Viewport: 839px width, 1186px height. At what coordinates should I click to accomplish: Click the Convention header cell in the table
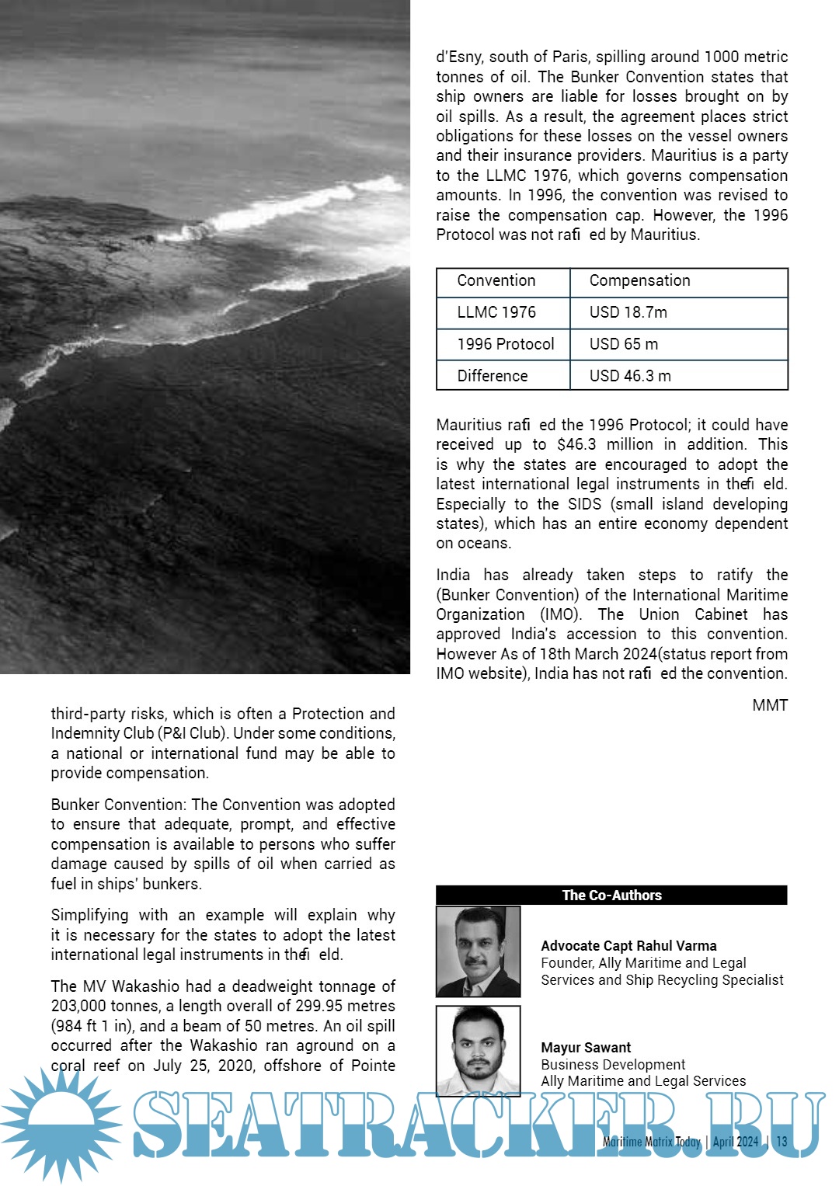point(496,281)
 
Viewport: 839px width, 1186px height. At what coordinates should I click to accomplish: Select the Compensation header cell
point(639,281)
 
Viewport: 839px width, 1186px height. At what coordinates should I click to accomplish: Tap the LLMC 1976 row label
point(496,313)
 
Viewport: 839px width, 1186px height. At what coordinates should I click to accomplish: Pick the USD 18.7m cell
point(628,313)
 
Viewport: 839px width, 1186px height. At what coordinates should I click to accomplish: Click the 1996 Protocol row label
point(506,345)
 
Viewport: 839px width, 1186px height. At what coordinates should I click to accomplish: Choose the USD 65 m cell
point(623,345)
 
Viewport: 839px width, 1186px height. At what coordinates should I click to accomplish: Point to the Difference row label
point(493,377)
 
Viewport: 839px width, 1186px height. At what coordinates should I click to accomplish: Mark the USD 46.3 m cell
point(630,377)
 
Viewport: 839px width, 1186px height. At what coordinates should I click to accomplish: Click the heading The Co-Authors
point(611,896)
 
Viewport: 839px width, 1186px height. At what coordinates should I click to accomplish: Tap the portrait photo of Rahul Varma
point(478,951)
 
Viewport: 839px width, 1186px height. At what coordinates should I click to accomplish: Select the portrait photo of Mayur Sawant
point(478,1050)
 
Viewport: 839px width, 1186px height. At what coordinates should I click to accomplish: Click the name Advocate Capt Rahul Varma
point(628,946)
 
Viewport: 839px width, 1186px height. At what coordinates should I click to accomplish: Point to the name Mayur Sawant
point(586,1048)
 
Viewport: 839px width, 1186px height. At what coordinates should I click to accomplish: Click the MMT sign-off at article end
point(770,705)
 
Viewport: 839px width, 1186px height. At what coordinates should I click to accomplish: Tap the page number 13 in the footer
point(782,1142)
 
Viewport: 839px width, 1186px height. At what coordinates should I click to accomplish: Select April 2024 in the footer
point(736,1142)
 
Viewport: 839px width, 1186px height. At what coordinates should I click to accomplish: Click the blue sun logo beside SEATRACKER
point(61,1125)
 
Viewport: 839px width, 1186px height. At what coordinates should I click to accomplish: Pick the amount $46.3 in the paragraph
point(576,445)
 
